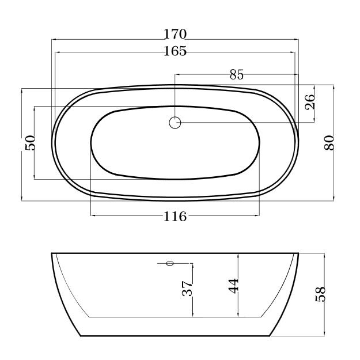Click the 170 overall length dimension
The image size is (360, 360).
(x=175, y=34)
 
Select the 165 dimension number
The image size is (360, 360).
(x=175, y=51)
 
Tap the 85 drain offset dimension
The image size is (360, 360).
(x=236, y=75)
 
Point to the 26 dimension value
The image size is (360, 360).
(x=309, y=102)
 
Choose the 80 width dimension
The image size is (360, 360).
(x=329, y=143)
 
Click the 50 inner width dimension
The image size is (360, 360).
(x=31, y=143)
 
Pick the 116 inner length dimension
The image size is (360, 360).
(x=175, y=217)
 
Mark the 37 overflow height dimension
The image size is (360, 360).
(x=187, y=289)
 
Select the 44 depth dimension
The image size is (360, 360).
(x=234, y=286)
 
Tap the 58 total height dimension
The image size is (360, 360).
(x=320, y=294)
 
